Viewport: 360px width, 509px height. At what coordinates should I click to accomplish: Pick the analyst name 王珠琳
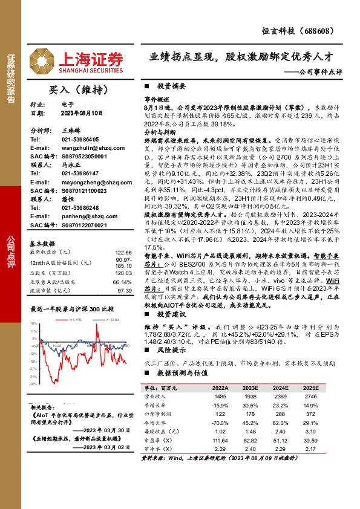click(x=71, y=130)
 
